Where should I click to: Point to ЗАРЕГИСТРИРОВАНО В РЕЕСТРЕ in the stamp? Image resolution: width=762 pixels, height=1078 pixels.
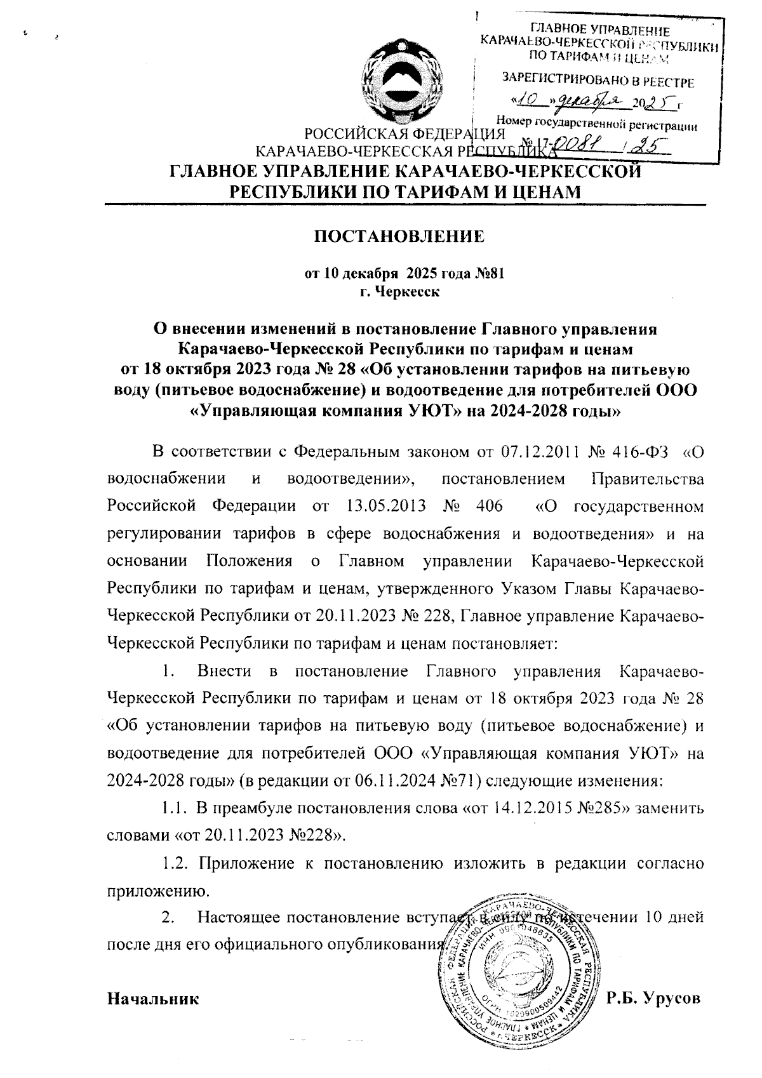click(599, 81)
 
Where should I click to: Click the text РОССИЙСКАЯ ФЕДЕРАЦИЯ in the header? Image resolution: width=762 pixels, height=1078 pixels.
click(404, 134)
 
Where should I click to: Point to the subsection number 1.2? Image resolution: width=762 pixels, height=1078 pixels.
click(173, 863)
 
